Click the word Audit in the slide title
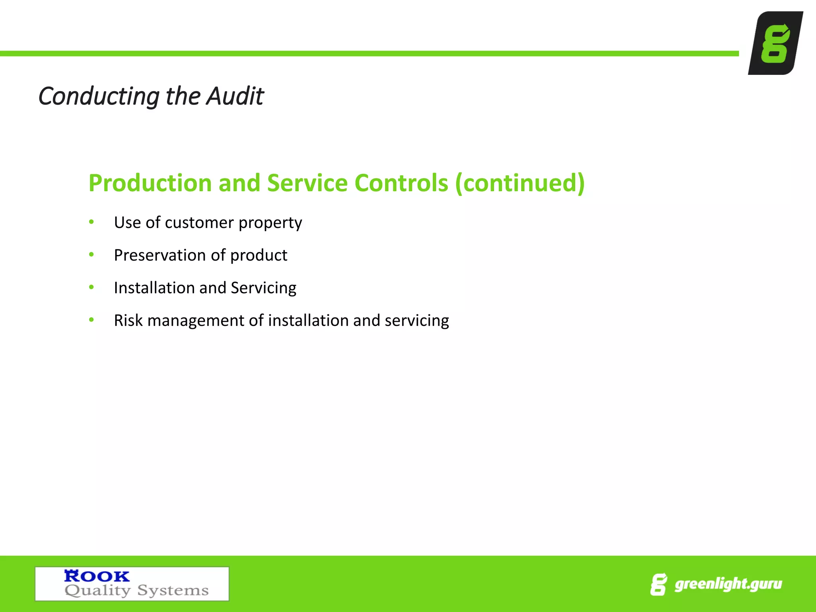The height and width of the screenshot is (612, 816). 235,96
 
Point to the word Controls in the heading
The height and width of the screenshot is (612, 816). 401,183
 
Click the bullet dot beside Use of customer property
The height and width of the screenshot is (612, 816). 92,222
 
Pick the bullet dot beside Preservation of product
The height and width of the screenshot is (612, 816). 92,254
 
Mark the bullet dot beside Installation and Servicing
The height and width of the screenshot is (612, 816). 92,287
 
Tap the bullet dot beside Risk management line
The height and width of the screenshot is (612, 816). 92,320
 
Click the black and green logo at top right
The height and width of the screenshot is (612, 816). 775,43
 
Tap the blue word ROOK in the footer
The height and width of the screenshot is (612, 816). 97,576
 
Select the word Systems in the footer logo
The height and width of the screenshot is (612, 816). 173,590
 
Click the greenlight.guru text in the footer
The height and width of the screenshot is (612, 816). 728,585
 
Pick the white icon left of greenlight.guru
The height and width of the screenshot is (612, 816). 658,585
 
